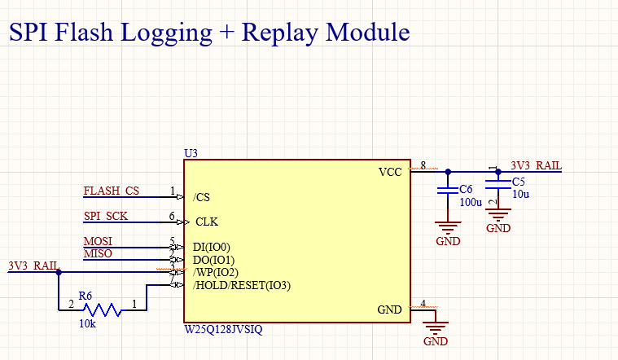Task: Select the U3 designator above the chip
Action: point(192,153)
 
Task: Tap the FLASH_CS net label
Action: point(112,191)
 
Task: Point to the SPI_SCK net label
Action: point(106,217)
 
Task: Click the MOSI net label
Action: point(98,242)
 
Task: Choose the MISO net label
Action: point(98,254)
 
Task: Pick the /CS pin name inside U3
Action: point(202,197)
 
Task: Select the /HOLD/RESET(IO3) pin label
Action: point(242,286)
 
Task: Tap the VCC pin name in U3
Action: point(390,173)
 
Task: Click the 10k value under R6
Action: point(87,324)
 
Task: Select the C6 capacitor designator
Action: point(466,189)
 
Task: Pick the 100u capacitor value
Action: point(471,202)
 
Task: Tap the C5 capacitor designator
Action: point(519,182)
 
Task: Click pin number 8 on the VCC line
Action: point(423,166)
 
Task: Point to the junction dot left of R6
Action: point(58,272)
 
